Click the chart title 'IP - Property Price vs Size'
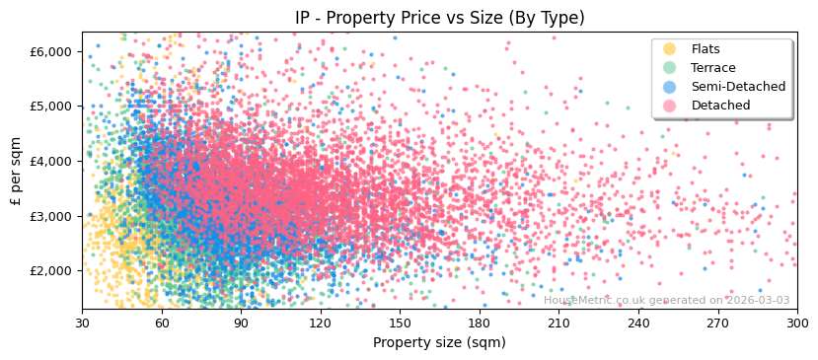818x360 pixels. coord(439,18)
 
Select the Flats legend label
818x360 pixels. coord(706,49)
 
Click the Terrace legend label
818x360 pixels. coord(712,68)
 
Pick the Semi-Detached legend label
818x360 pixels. coord(738,87)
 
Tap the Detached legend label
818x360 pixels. coord(720,106)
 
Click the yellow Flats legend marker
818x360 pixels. coord(669,49)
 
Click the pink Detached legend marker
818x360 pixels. coord(669,106)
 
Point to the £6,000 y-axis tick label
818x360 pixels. coord(51,51)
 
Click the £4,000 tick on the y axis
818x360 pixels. coord(51,161)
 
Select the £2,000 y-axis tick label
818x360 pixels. coord(51,270)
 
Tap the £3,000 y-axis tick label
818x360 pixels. coord(51,216)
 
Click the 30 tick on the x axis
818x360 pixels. coord(82,323)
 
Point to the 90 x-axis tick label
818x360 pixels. coord(241,323)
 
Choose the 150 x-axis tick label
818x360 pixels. coord(400,323)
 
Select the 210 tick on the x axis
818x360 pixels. coord(558,323)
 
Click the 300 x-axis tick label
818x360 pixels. coord(796,323)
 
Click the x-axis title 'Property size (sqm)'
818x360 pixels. coord(439,342)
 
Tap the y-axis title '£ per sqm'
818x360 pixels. coord(17,172)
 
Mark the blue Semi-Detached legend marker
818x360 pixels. coord(669,87)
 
